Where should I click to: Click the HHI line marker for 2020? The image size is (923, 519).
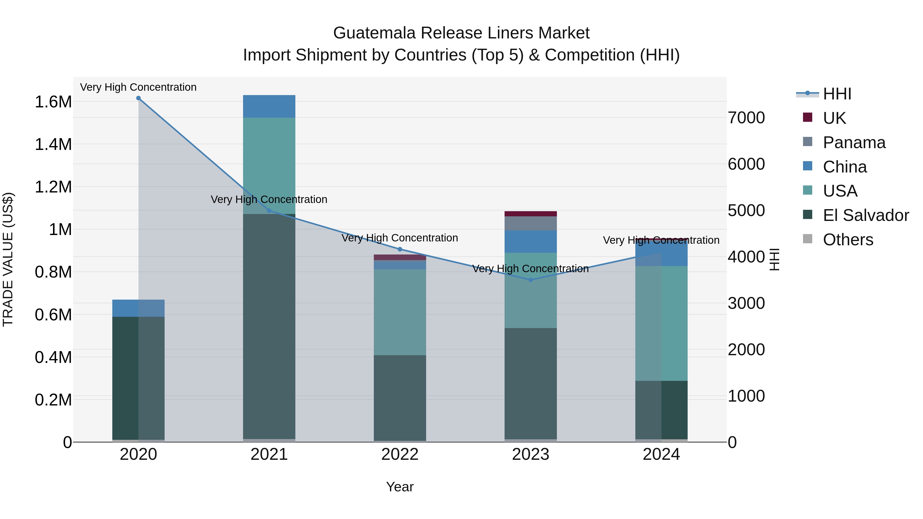coord(138,98)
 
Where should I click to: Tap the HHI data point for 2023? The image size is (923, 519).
coord(531,280)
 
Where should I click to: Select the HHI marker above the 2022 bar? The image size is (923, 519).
coord(400,249)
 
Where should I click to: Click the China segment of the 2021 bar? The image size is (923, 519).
coord(269,106)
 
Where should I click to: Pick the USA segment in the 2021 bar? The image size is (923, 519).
coord(269,165)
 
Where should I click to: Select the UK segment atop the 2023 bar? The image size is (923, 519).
coord(531,214)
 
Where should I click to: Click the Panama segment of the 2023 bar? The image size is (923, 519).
coord(531,223)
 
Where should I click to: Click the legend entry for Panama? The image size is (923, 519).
coord(854,143)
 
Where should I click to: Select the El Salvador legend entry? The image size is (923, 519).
coord(865,215)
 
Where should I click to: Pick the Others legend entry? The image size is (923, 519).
coord(848,240)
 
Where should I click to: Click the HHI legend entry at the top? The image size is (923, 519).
coord(837,94)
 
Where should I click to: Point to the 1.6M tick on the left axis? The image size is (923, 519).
coord(53,102)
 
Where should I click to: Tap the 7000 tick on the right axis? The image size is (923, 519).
coord(746,118)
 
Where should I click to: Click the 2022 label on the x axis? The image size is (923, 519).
coord(400,454)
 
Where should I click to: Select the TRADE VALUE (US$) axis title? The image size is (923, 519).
coord(8,259)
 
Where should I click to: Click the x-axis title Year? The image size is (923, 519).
coord(400,487)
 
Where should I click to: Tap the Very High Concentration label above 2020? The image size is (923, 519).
coord(138,87)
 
